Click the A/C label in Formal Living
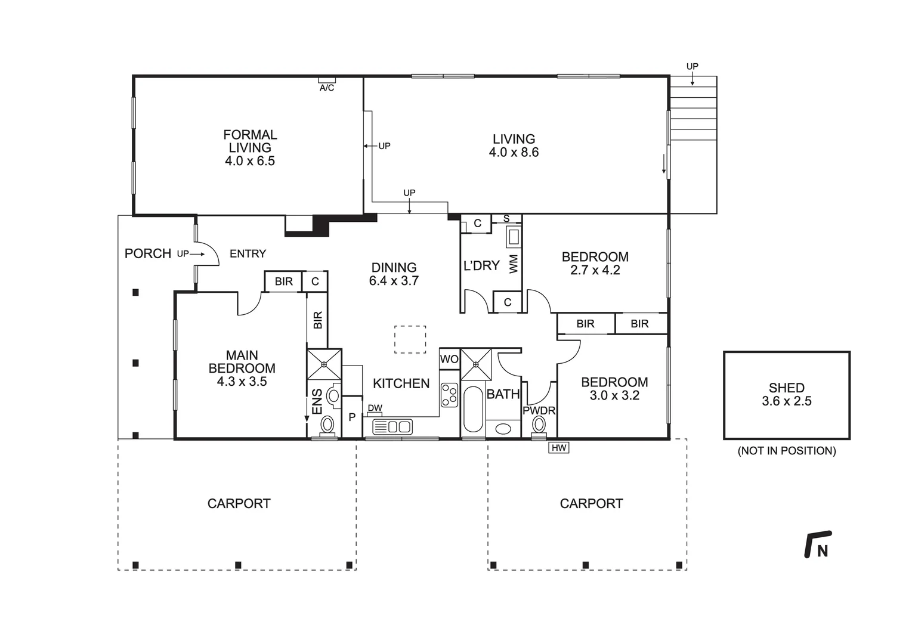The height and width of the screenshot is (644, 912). (x=327, y=88)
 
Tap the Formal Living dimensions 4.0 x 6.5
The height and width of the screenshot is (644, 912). (x=250, y=161)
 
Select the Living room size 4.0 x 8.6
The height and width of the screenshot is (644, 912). (x=514, y=153)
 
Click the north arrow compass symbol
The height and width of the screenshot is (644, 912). (x=818, y=544)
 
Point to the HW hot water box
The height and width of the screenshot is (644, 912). (x=558, y=447)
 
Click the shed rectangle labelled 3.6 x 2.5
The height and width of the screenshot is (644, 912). (x=786, y=395)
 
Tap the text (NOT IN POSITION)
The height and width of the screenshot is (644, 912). (x=786, y=451)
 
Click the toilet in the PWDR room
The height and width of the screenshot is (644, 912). (x=539, y=425)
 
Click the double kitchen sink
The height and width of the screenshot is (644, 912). (x=392, y=426)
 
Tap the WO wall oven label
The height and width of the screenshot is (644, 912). (x=449, y=359)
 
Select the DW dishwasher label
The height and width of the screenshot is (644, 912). (x=375, y=408)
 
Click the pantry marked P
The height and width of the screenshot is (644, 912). (x=352, y=417)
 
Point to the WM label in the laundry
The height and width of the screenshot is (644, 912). (x=514, y=264)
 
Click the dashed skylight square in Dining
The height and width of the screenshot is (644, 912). (x=410, y=339)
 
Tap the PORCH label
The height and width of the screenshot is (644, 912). (x=148, y=253)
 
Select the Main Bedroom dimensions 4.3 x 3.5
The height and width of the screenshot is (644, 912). (x=242, y=382)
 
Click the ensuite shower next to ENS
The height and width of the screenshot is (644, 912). (x=324, y=364)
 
